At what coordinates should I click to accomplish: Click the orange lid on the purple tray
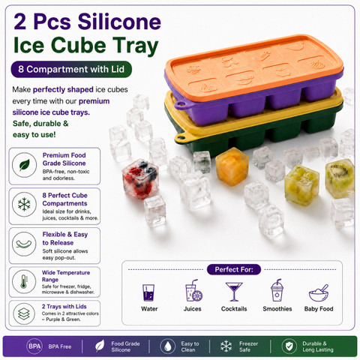[253, 65]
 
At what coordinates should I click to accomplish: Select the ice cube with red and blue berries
[140, 179]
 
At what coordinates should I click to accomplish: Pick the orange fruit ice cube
[232, 166]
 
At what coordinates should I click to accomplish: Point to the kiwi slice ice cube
[340, 178]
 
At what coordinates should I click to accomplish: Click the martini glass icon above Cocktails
[234, 292]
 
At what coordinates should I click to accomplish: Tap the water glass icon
[148, 292]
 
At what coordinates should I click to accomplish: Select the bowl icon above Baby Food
[319, 293]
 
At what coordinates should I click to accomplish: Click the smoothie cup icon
[277, 290]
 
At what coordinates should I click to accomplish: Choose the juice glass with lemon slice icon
[193, 290]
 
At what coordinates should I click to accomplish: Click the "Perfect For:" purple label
[234, 269]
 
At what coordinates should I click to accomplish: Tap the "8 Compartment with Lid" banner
[71, 69]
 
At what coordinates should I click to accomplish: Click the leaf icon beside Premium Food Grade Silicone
[25, 165]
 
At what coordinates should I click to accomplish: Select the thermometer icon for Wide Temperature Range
[24, 282]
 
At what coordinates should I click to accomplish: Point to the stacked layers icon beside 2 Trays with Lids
[24, 313]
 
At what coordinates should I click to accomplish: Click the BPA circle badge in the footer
[34, 346]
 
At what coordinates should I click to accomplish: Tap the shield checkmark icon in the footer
[289, 346]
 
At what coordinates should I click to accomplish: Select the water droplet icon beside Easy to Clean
[167, 346]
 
